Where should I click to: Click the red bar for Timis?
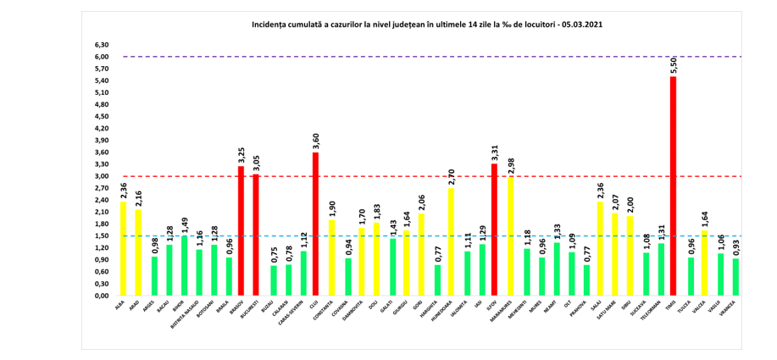tap(674, 186)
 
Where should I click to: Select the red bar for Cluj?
tap(316, 224)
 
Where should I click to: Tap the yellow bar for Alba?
tap(124, 249)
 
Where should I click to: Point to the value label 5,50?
tap(674, 64)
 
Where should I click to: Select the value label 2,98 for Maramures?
tap(510, 164)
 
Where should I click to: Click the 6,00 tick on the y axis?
tap(102, 57)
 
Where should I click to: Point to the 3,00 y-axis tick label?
tap(102, 176)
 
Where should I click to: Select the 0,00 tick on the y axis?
tap(102, 296)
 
